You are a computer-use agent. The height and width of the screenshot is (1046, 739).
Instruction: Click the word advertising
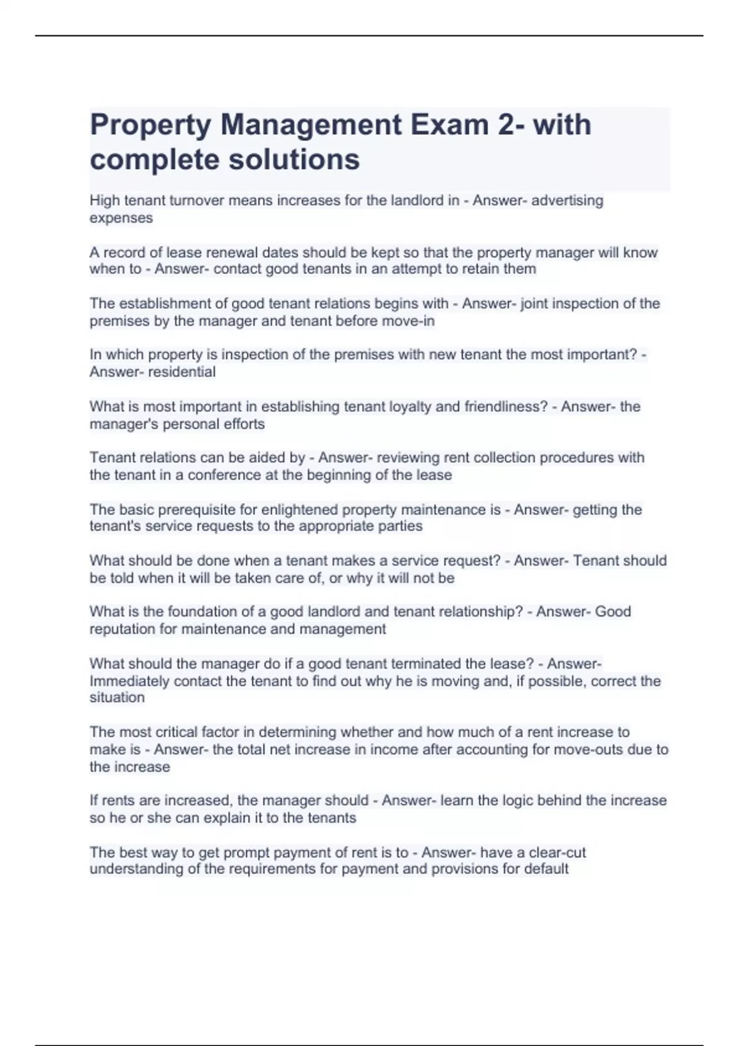click(x=567, y=201)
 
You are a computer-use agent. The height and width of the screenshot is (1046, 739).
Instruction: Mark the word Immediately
click(x=129, y=681)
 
